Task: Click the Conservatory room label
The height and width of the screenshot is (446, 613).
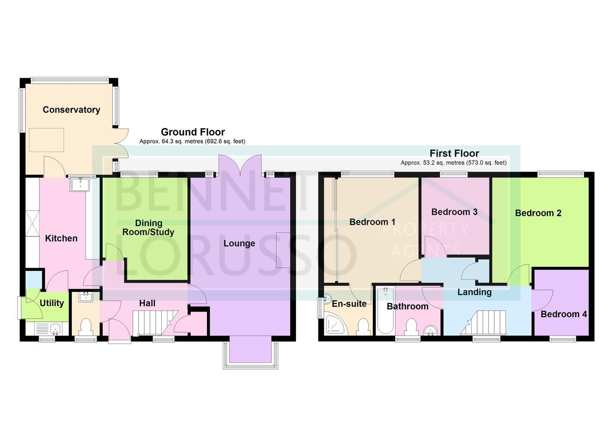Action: click(71, 110)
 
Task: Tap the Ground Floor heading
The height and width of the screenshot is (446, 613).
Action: click(193, 132)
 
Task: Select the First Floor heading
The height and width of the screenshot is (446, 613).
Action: click(454, 153)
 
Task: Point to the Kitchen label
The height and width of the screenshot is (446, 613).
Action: click(61, 238)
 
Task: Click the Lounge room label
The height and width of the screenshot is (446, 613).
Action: click(239, 243)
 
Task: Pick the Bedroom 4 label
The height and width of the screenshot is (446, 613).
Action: click(564, 314)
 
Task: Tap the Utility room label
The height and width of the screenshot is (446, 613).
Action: click(52, 303)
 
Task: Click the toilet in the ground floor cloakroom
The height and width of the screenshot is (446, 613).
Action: click(86, 326)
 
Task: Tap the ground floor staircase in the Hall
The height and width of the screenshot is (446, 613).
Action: click(155, 323)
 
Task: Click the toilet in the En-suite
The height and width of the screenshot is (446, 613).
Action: click(364, 326)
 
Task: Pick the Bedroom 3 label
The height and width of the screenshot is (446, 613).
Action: click(454, 212)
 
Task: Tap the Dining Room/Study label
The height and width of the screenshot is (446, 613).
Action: click(148, 228)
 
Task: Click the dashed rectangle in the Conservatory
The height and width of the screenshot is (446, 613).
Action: click(46, 140)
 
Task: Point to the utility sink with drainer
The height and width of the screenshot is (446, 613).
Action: click(48, 329)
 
